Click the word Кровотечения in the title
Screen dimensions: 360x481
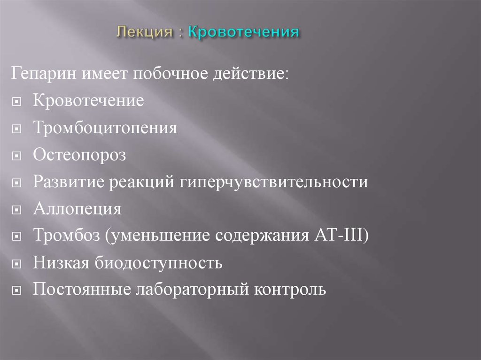pyautogui.click(x=243, y=32)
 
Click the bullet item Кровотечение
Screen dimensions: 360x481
pyautogui.click(x=88, y=101)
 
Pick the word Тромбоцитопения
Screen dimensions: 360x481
pyautogui.click(x=105, y=128)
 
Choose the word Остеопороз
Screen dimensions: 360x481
pyautogui.click(x=79, y=155)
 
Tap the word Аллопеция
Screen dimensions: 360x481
pyautogui.click(x=77, y=209)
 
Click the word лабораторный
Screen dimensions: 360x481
pyautogui.click(x=192, y=290)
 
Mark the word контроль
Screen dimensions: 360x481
pyautogui.click(x=290, y=290)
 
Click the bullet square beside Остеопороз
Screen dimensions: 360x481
pyautogui.click(x=17, y=156)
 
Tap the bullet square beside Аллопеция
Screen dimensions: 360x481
pyautogui.click(x=17, y=210)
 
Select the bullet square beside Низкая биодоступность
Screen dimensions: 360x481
pyautogui.click(x=17, y=264)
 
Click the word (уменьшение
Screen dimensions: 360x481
pyautogui.click(x=158, y=236)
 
